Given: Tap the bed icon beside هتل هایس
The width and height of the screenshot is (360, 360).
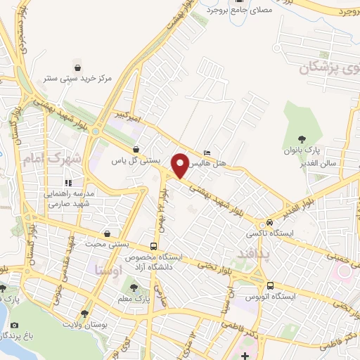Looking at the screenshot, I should pyautogui.click(x=206, y=153).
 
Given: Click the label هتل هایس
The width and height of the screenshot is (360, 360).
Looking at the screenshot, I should pyautogui.click(x=210, y=162).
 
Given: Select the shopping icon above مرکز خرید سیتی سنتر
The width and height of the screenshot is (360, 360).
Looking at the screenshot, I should pyautogui.click(x=77, y=67).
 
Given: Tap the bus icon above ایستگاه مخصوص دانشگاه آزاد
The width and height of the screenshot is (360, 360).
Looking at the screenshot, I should pyautogui.click(x=153, y=247).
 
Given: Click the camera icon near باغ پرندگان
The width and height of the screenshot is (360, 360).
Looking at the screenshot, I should pyautogui.click(x=15, y=325).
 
